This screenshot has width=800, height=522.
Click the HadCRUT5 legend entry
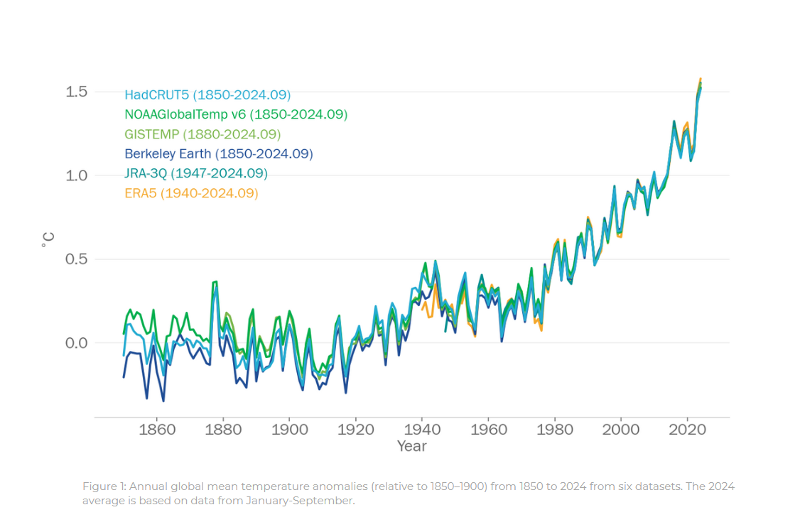pyautogui.click(x=207, y=94)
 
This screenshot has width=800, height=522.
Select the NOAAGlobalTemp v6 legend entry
pyautogui.click(x=236, y=114)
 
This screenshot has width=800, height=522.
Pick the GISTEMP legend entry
pyautogui.click(x=202, y=134)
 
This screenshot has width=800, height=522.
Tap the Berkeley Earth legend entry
pyautogui.click(x=218, y=153)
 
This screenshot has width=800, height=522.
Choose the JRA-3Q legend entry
pyautogui.click(x=196, y=173)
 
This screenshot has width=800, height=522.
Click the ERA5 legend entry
pyautogui.click(x=191, y=193)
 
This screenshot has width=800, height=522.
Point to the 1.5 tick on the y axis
pyautogui.click(x=77, y=92)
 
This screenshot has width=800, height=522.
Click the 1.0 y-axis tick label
pyautogui.click(x=77, y=175)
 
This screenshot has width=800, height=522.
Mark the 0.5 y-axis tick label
pyautogui.click(x=77, y=259)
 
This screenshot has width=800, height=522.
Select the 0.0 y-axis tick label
pyautogui.click(x=77, y=343)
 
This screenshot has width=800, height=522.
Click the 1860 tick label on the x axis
pyautogui.click(x=157, y=430)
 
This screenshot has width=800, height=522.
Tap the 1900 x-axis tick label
pyautogui.click(x=289, y=430)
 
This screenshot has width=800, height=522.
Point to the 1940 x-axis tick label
pyautogui.click(x=422, y=430)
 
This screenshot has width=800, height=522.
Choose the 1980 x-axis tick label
pyautogui.click(x=555, y=430)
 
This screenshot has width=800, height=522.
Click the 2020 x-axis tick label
pyautogui.click(x=688, y=430)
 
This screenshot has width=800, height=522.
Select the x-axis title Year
pyautogui.click(x=412, y=446)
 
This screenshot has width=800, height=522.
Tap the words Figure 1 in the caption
pyautogui.click(x=105, y=486)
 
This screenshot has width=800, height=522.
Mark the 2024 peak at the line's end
pyautogui.click(x=701, y=79)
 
